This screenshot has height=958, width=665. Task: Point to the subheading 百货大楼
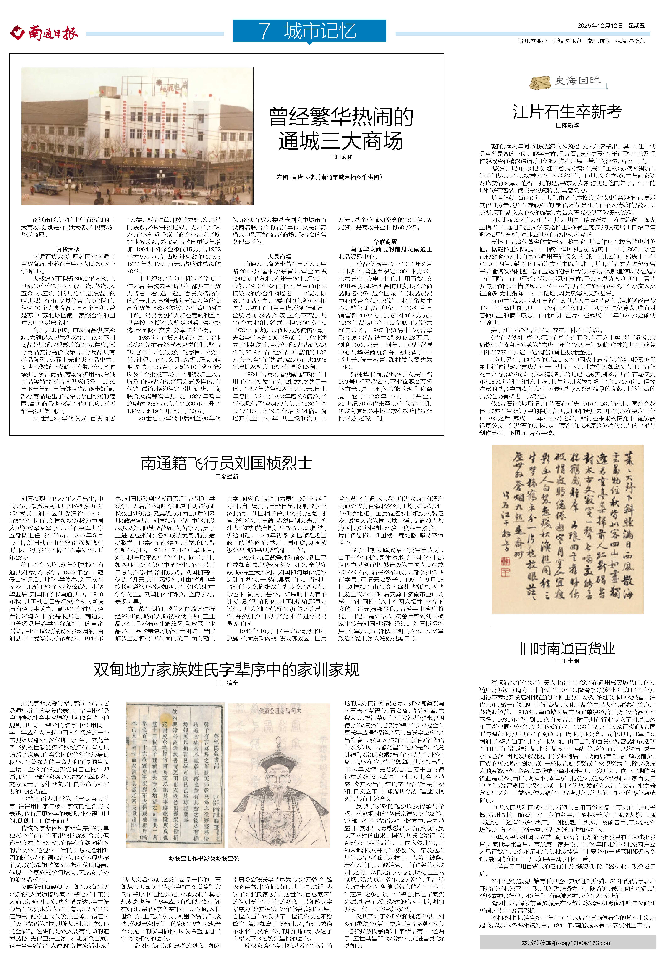[x=68, y=249]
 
